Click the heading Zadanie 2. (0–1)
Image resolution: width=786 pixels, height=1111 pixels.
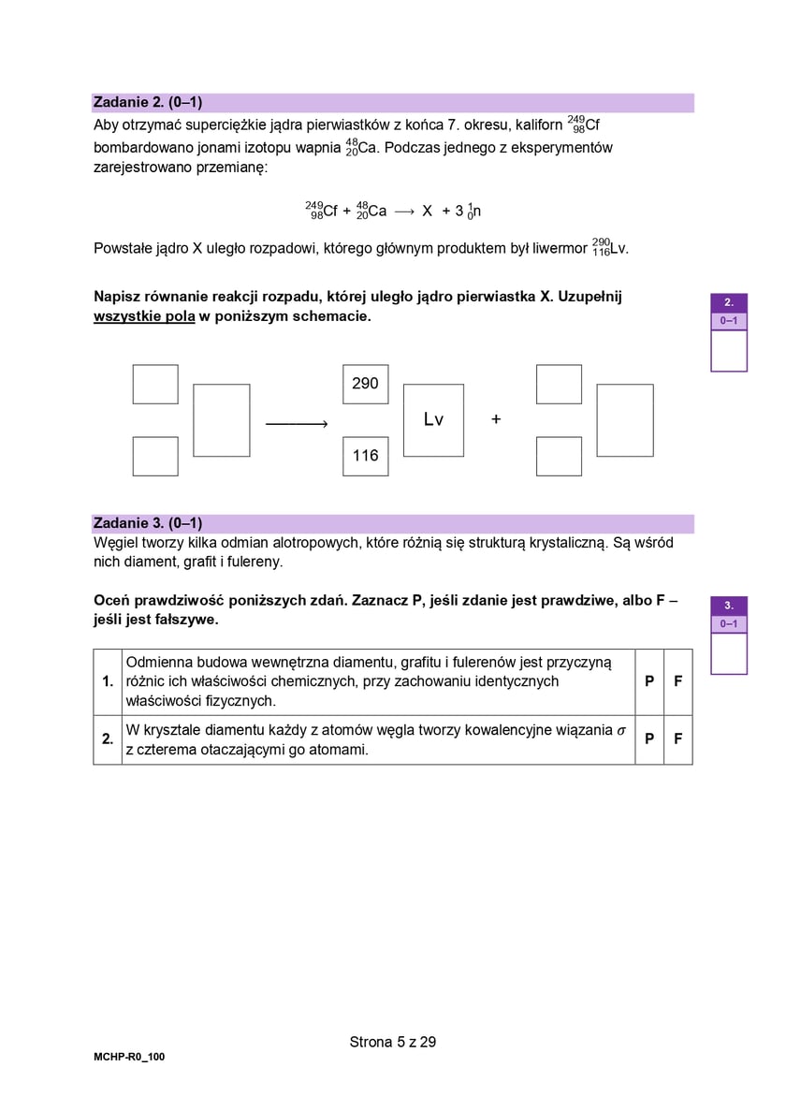point(148,102)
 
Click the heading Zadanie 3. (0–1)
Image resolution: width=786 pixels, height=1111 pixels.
point(148,523)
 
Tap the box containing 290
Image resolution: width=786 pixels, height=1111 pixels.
point(365,384)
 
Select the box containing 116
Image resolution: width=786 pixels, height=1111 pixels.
point(365,456)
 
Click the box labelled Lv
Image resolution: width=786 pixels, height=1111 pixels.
point(433,420)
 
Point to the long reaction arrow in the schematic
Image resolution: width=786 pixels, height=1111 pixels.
point(296,425)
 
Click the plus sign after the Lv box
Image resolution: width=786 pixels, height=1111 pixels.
point(496,419)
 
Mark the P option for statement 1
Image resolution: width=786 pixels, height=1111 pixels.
point(649,681)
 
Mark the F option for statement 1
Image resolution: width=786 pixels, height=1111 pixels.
point(678,681)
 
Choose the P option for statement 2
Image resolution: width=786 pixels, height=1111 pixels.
point(649,739)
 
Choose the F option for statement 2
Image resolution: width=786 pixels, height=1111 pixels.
point(678,739)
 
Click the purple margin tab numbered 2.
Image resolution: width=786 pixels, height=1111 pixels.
point(729,302)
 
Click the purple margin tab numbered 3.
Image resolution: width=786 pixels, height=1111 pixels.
point(729,606)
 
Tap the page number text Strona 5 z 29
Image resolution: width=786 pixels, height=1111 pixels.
point(393,1042)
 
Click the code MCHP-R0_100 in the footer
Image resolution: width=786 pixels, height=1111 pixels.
point(129,1057)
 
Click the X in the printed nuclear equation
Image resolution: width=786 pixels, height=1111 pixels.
point(427,212)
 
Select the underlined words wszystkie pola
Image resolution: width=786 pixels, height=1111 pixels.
point(144,316)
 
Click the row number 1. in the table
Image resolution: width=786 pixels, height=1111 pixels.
point(108,681)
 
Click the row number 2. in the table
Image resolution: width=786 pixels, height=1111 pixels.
point(108,739)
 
